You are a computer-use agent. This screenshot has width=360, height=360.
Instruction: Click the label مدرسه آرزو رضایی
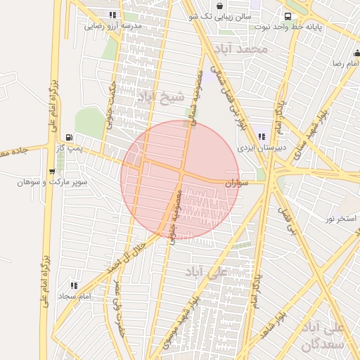tap(113, 26)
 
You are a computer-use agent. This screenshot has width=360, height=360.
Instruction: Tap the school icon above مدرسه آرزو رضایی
tap(113, 15)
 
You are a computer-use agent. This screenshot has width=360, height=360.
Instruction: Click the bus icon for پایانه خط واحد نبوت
tap(287, 16)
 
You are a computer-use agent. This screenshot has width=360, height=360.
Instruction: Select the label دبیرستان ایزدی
tap(262, 148)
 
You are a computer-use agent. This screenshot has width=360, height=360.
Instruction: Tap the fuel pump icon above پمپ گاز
tap(68, 137)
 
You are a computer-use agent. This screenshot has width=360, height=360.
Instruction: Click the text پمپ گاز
tap(70, 148)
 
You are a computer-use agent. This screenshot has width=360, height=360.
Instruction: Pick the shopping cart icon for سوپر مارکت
tap(52, 171)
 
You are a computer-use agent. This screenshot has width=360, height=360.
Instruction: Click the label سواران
tap(237, 183)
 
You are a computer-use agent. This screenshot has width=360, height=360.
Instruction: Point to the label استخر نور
tap(340, 219)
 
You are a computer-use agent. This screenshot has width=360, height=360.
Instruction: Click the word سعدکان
tap(321, 345)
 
